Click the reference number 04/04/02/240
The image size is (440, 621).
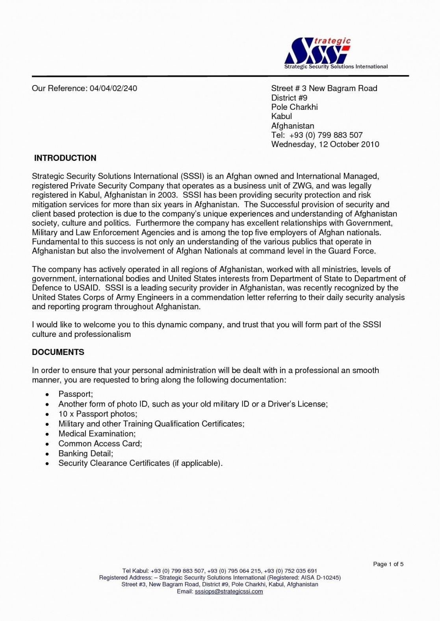coord(113,89)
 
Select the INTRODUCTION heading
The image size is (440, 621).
coord(65,158)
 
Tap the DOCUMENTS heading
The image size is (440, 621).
coord(58,352)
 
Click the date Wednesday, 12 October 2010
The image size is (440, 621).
coord(325,144)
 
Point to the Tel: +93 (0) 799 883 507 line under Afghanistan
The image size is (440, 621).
coord(317,135)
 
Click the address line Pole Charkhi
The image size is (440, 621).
coord(294,107)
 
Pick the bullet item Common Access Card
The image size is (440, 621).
coord(100,444)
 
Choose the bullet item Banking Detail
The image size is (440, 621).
coord(85,453)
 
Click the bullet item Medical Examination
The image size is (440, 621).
coord(97,434)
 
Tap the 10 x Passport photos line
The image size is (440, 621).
coord(98,414)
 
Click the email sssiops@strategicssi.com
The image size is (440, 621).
coord(228,591)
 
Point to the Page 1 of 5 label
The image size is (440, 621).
coord(388,564)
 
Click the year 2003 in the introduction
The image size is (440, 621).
coord(167,195)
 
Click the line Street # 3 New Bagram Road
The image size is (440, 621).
coord(324,89)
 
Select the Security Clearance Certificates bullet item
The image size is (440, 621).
coord(140,463)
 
